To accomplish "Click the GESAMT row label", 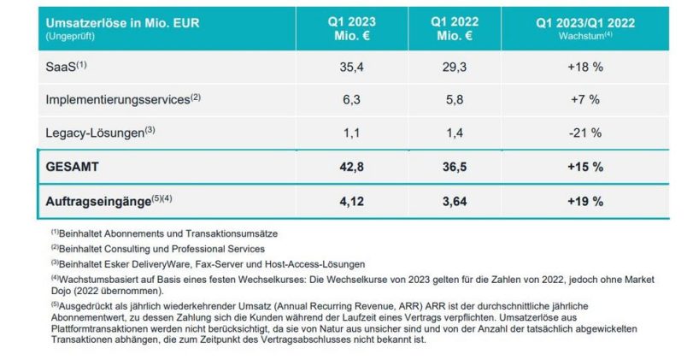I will [x=76, y=167].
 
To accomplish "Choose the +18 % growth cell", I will [x=585, y=65].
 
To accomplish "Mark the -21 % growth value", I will [x=585, y=133].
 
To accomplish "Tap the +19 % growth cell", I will [x=585, y=201].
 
